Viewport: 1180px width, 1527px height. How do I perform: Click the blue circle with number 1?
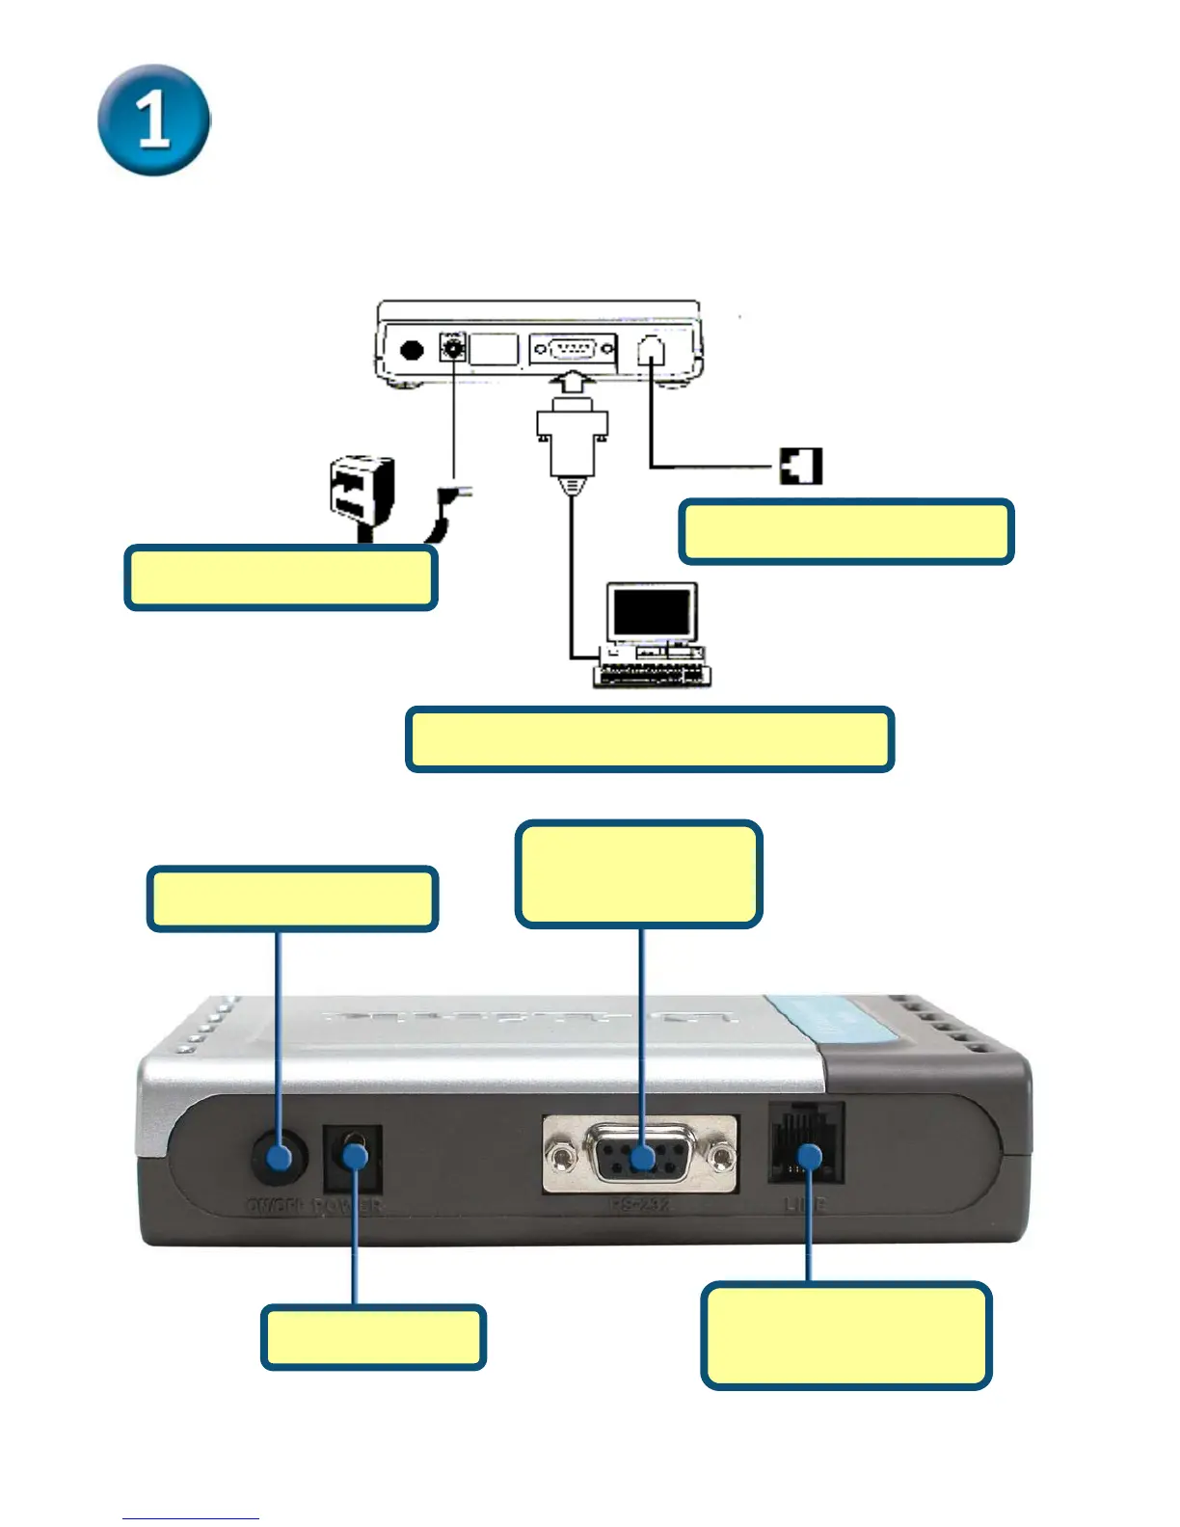[x=154, y=121]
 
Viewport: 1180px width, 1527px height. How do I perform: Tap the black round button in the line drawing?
[x=413, y=350]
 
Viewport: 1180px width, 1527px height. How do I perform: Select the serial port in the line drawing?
[x=573, y=348]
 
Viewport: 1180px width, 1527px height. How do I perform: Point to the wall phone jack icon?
[x=800, y=467]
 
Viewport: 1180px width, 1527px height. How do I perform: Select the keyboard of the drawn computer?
[x=651, y=675]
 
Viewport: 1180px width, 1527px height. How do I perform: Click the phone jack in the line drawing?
[x=653, y=348]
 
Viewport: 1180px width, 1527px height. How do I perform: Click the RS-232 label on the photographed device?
[x=639, y=1204]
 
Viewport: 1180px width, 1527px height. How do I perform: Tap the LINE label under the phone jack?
[x=805, y=1204]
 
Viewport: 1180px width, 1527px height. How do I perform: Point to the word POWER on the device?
[x=347, y=1206]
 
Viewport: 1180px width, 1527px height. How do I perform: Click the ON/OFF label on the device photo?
[x=276, y=1206]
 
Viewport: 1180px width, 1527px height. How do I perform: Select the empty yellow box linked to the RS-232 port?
[x=639, y=873]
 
